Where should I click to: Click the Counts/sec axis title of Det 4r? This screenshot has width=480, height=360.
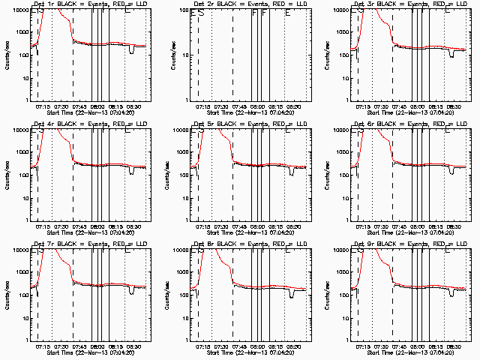(7, 173)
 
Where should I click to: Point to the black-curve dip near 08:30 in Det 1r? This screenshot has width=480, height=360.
(132, 51)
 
